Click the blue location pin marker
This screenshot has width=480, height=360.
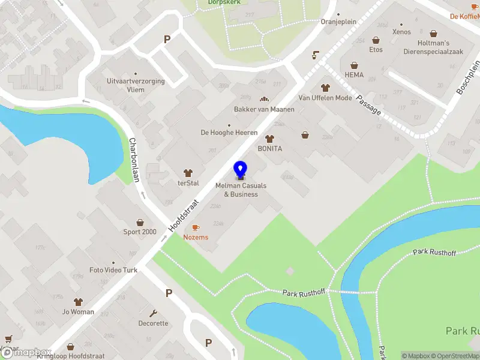[x=241, y=170]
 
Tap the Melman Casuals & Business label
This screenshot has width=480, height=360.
[x=241, y=190]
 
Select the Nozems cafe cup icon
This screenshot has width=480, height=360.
[x=196, y=227]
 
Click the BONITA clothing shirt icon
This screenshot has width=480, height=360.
[x=269, y=139]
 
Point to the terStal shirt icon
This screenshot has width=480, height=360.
[x=188, y=173]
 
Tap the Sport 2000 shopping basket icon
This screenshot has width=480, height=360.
[x=140, y=223]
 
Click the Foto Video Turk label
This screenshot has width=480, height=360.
[x=113, y=270]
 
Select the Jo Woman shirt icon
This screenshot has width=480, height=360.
[x=78, y=302]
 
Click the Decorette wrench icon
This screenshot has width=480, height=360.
[x=154, y=313]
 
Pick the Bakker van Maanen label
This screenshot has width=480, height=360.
[x=264, y=109]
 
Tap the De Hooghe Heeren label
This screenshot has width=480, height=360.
[x=229, y=133]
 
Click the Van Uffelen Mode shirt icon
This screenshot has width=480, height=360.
[x=325, y=88]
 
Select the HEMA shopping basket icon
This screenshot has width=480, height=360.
[x=355, y=65]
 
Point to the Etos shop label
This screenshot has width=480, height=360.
[x=376, y=50]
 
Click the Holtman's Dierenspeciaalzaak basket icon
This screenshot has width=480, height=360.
[x=433, y=34]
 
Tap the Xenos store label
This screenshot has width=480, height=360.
[x=401, y=32]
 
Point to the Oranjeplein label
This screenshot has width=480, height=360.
[x=338, y=22]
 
